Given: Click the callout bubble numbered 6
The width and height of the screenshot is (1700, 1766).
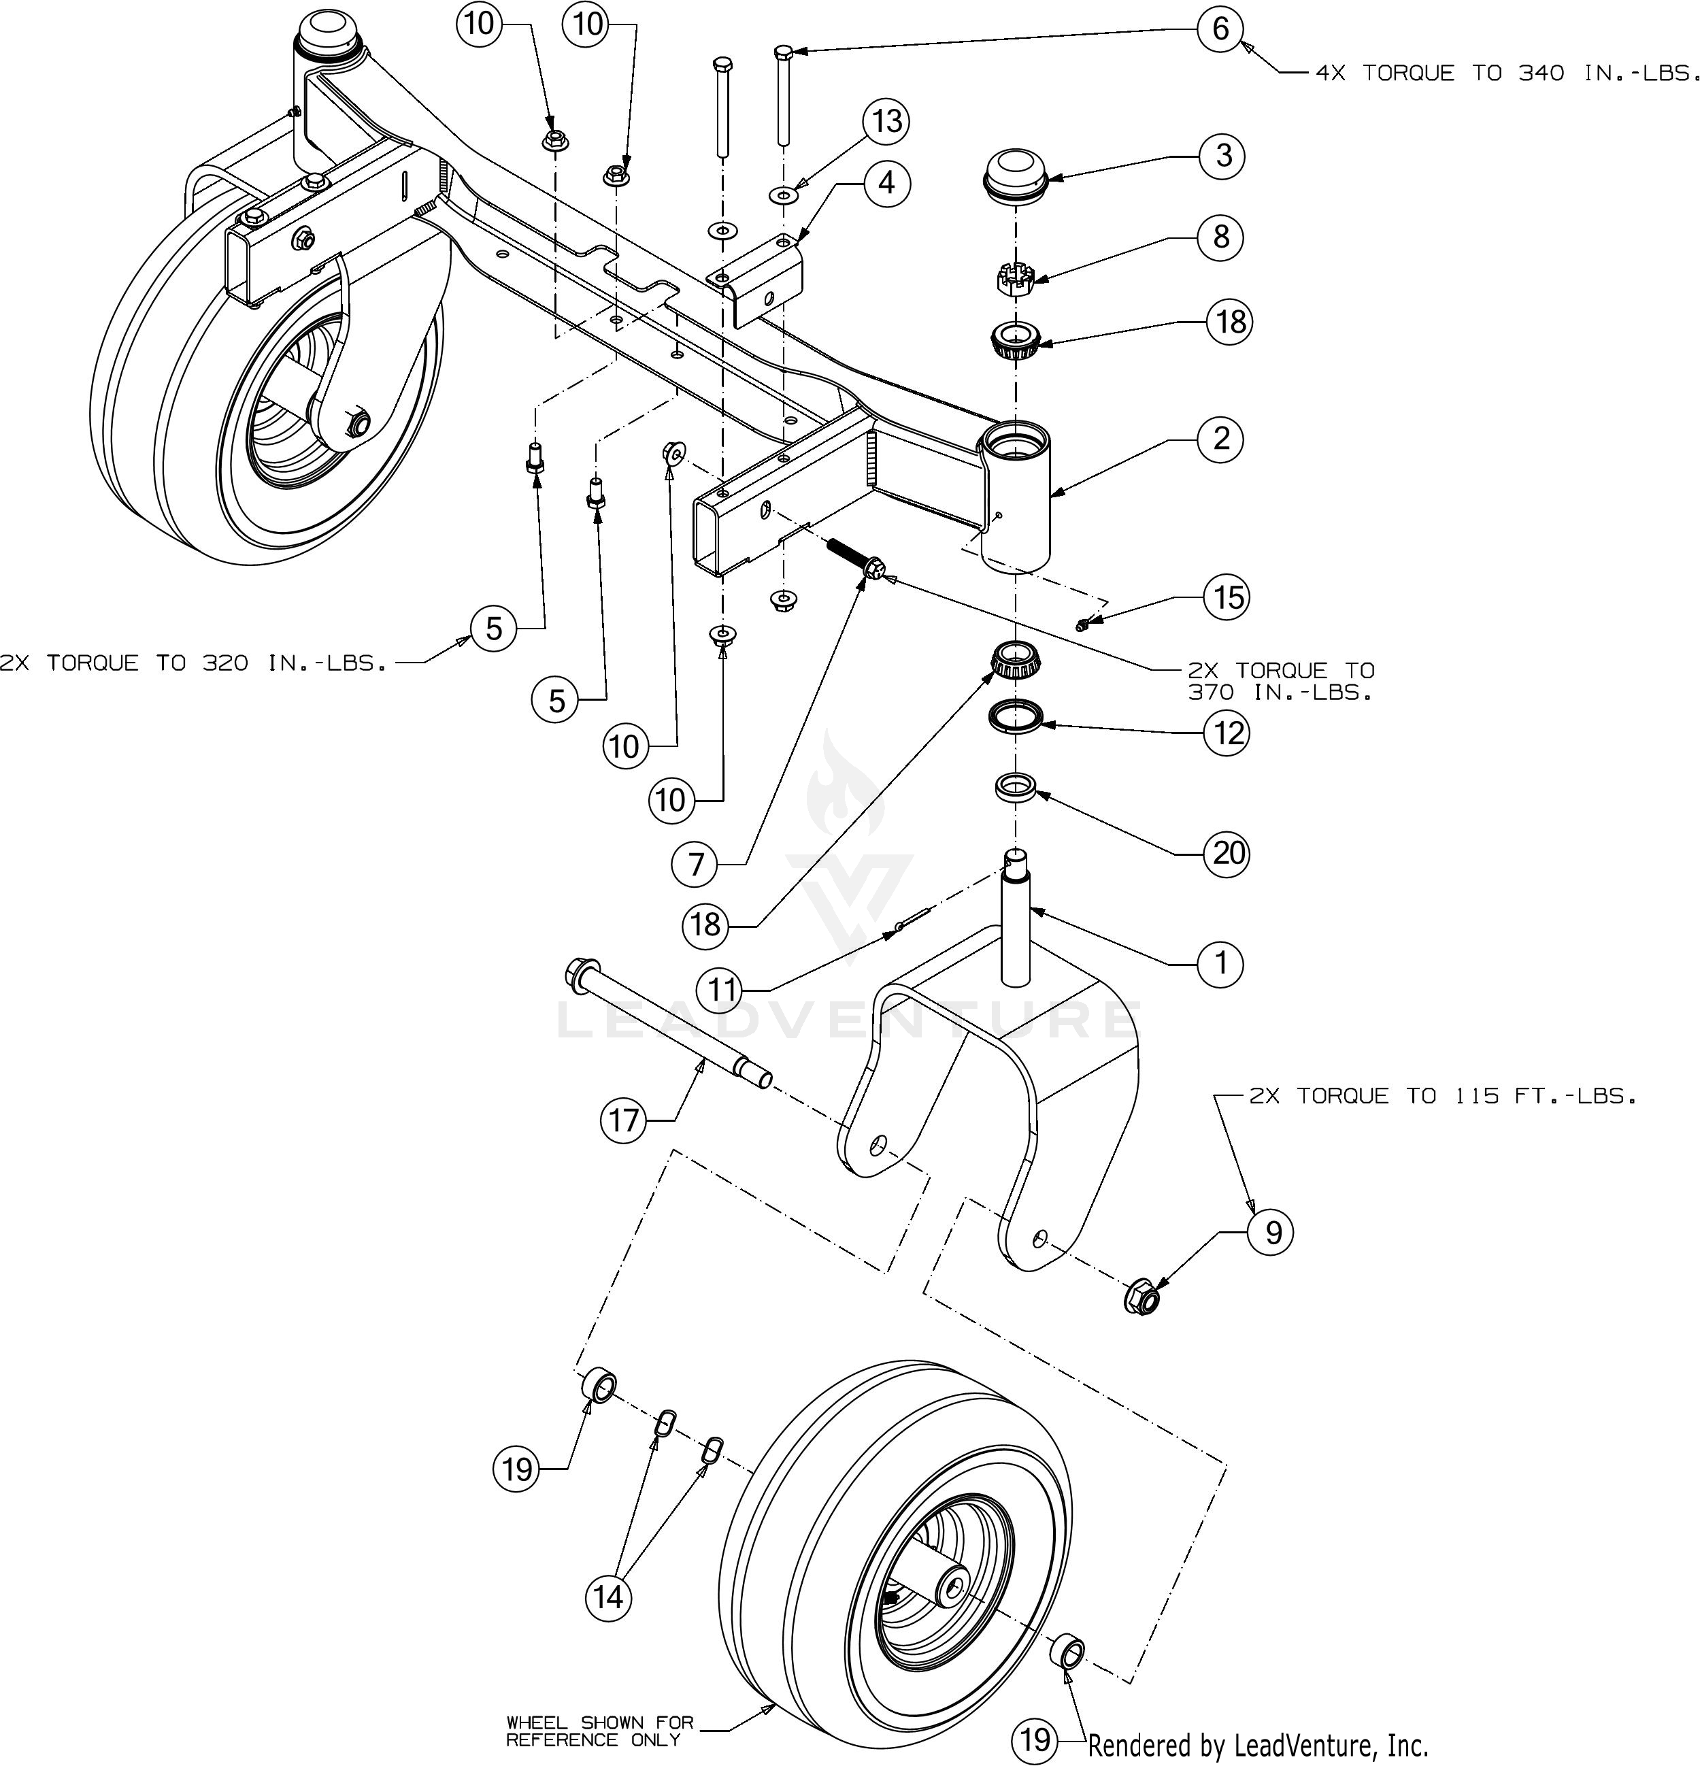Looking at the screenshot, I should [1220, 29].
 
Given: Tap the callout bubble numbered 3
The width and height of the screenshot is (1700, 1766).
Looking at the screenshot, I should [1222, 156].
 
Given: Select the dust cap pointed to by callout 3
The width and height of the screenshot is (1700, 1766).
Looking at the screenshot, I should [1016, 176].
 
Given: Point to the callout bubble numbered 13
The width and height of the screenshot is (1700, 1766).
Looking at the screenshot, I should [886, 120].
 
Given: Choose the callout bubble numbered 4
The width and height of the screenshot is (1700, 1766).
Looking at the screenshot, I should [886, 183].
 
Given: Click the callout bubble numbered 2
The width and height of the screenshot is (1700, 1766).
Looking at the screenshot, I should [1220, 439].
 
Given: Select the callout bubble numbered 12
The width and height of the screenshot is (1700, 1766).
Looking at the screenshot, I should [1228, 733].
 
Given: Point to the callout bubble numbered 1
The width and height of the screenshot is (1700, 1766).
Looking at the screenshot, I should [1220, 963].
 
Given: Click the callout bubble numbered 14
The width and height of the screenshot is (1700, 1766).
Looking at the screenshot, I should [608, 1597].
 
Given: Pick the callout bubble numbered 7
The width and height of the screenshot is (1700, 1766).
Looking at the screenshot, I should [695, 865].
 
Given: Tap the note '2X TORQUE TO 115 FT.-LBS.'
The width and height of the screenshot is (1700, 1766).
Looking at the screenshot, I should [1441, 1097].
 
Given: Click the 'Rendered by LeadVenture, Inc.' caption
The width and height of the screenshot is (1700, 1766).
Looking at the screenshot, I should [1258, 1746].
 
